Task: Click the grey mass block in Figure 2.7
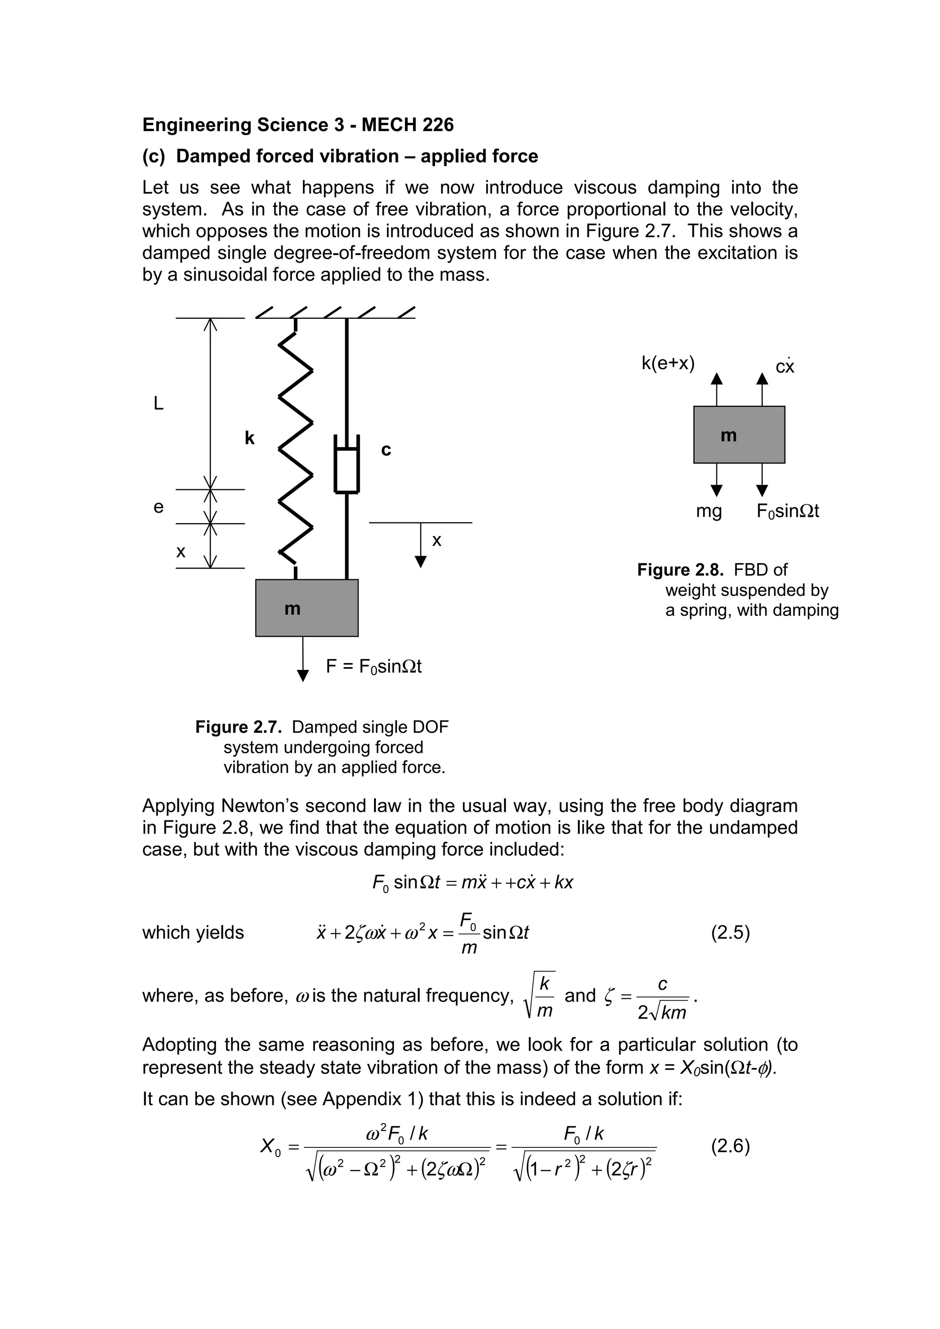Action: click(x=307, y=608)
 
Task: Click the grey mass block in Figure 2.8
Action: click(x=739, y=434)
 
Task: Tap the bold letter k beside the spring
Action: click(x=250, y=438)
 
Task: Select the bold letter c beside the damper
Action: click(x=386, y=450)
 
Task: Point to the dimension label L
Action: click(x=158, y=404)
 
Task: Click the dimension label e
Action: click(x=158, y=507)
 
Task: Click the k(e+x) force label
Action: click(x=668, y=364)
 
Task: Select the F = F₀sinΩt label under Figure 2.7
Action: click(x=374, y=667)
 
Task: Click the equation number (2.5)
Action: click(x=730, y=932)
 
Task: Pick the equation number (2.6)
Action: click(x=730, y=1146)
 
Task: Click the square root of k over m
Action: click(x=539, y=996)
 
